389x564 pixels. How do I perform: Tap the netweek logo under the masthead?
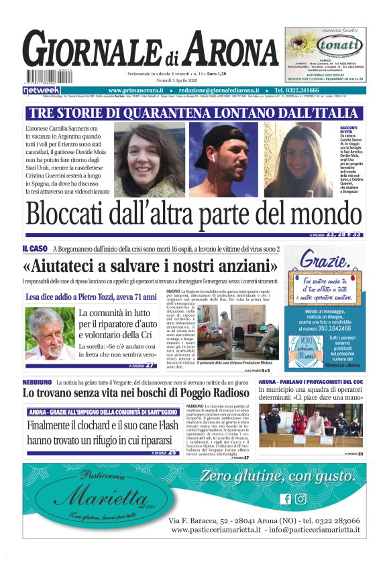42,90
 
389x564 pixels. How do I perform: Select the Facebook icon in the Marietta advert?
285,498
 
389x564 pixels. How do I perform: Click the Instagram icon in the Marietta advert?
300,498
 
